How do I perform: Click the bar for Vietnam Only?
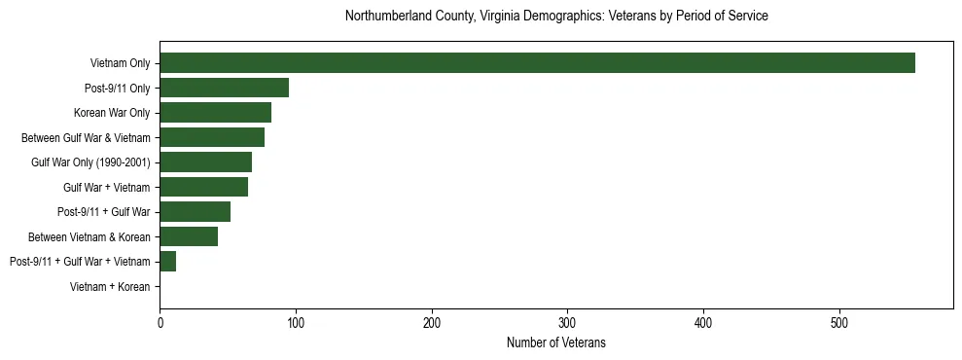[x=537, y=63]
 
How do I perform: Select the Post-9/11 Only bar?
[x=224, y=88]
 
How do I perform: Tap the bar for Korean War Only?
[x=215, y=113]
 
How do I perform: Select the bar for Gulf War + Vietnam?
[x=203, y=187]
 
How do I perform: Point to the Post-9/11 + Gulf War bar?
[x=195, y=211]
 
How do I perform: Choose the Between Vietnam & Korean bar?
[x=189, y=236]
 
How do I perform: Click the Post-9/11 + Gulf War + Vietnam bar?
[x=167, y=261]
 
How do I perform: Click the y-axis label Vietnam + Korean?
[x=110, y=287]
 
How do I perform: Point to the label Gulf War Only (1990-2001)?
[x=90, y=162]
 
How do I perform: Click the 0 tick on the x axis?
[x=160, y=322]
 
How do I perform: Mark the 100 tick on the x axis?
[x=296, y=322]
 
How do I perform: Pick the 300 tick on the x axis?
[x=568, y=322]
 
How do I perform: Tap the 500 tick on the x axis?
[x=840, y=322]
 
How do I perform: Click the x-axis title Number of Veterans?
[x=556, y=342]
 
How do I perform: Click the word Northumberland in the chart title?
[x=387, y=17]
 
